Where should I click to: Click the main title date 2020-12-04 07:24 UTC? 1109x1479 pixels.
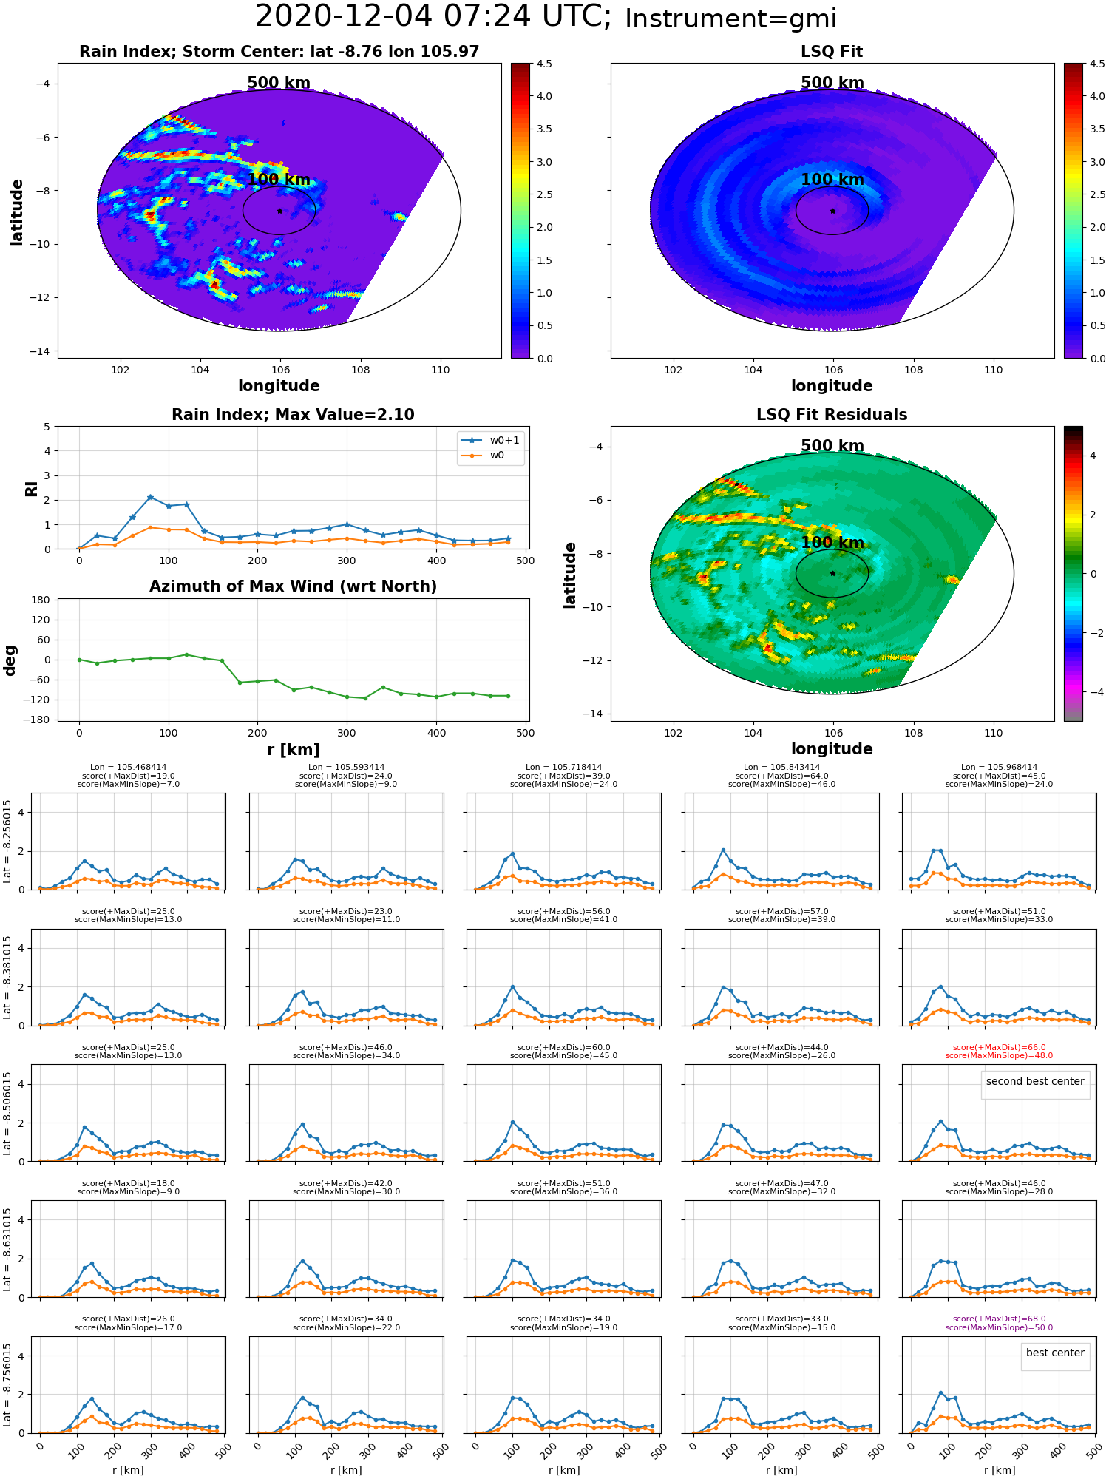click(x=433, y=16)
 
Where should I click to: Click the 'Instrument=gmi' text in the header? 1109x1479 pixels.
click(x=730, y=19)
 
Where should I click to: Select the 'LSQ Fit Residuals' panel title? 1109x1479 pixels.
click(x=832, y=415)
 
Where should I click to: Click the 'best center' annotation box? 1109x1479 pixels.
click(x=1055, y=1353)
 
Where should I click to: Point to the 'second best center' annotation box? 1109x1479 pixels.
click(x=1035, y=1081)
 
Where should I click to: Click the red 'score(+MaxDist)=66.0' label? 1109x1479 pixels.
click(x=999, y=1047)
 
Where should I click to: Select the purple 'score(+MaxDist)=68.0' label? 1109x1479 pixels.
click(x=999, y=1319)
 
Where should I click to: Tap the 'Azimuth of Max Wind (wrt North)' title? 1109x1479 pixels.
click(x=293, y=586)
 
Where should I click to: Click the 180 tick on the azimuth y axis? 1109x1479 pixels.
click(x=41, y=600)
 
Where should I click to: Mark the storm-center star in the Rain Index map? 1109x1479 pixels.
click(x=279, y=211)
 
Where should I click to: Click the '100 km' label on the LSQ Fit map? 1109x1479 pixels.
click(x=832, y=180)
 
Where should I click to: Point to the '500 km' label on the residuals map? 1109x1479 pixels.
click(x=832, y=446)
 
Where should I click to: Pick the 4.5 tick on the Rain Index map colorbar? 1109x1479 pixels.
click(x=544, y=64)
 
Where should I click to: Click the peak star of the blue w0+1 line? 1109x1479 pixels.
click(x=150, y=498)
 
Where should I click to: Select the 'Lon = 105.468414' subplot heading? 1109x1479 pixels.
click(x=128, y=768)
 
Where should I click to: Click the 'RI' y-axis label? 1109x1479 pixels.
click(x=32, y=488)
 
